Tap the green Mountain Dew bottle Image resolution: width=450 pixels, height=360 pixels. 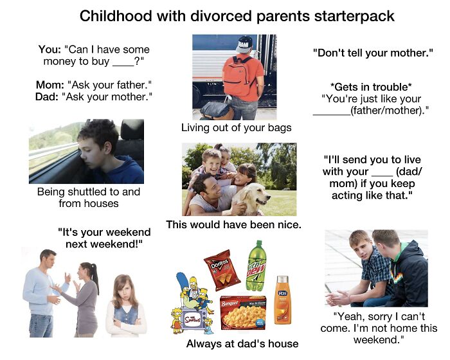pos(256,266)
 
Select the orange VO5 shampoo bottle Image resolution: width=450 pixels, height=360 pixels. pos(282,299)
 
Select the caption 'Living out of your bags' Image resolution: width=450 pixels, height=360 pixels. pos(236,127)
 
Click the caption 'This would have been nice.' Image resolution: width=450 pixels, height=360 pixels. pos(233,225)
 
